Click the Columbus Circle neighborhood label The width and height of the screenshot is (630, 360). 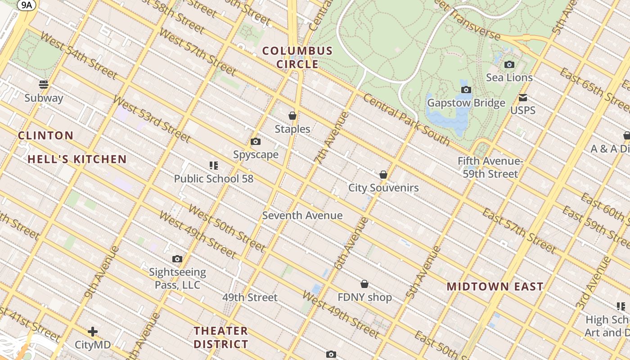point(297,58)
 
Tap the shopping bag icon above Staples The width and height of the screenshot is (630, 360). point(292,116)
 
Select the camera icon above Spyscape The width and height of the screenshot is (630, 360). point(256,142)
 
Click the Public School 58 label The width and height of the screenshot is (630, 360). point(214,179)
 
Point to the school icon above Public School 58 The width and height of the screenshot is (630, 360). point(214,166)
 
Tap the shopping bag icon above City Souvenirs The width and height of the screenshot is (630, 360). point(383,175)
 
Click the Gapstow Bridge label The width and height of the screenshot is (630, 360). point(466,103)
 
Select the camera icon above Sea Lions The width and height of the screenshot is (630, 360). point(509,64)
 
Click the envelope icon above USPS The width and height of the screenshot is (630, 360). point(523,97)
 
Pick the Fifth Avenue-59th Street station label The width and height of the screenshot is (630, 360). point(490,167)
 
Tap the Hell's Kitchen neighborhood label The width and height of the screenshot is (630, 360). point(77,159)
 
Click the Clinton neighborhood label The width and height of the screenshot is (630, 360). point(45,135)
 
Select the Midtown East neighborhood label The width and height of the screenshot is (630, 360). point(495,287)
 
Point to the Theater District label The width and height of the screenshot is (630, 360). point(221,337)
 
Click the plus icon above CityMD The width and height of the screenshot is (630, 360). point(93,332)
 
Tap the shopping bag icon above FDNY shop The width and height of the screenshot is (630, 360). point(364,284)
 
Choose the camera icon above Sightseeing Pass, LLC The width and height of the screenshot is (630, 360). point(177,259)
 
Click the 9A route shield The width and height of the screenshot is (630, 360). point(27,5)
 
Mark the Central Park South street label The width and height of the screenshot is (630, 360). point(406,120)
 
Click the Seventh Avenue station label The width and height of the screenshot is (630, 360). point(302,216)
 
